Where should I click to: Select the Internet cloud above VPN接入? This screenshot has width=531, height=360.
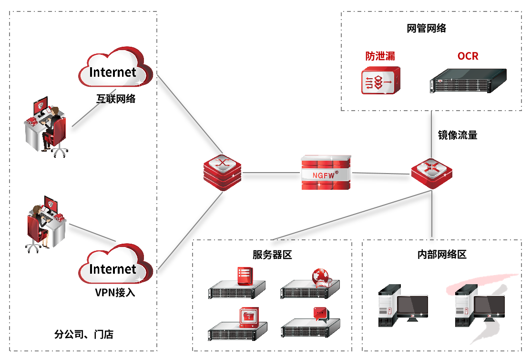(114, 267)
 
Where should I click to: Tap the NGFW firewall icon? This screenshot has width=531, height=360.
(326, 173)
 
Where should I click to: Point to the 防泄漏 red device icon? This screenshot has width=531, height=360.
(380, 81)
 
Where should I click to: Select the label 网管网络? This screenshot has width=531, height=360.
(427, 28)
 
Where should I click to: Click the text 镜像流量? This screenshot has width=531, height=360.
(458, 135)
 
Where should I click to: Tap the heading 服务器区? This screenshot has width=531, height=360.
(272, 255)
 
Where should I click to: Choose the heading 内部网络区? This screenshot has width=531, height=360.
(441, 255)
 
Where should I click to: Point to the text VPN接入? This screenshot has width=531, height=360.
(115, 292)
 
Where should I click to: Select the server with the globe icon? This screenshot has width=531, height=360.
(310, 286)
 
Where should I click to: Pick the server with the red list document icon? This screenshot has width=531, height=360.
(237, 286)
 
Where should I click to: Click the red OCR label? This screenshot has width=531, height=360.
(468, 56)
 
